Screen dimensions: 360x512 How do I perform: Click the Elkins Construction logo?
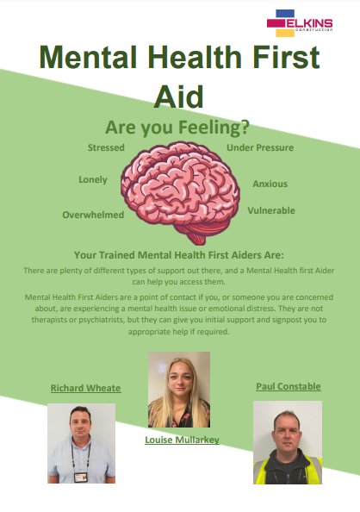click(300, 23)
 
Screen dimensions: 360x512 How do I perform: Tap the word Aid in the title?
click(178, 97)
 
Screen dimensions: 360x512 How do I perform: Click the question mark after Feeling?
click(245, 127)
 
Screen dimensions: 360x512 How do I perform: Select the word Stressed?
click(106, 147)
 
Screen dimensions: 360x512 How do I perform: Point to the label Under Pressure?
click(260, 147)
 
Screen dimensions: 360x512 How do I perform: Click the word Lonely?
click(93, 180)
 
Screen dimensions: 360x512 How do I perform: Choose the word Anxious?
click(270, 184)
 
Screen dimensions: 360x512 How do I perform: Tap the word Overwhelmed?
click(93, 215)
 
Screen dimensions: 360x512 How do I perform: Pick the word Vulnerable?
click(271, 210)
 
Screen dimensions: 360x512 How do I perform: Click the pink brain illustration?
click(180, 191)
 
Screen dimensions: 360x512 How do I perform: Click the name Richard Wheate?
click(86, 388)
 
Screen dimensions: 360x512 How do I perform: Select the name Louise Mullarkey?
click(182, 440)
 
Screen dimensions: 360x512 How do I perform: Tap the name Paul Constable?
click(289, 386)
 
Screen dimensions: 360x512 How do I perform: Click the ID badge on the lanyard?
click(81, 477)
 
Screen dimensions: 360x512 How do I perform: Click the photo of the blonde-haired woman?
click(179, 390)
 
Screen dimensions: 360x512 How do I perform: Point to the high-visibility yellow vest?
click(288, 471)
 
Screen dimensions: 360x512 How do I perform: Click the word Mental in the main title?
click(88, 57)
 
